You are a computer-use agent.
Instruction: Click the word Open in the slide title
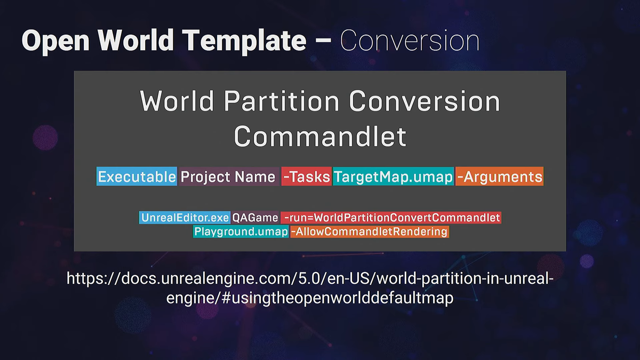[x=55, y=41]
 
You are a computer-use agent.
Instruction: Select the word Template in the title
[x=244, y=41]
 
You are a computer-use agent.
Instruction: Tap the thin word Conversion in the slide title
[x=410, y=41]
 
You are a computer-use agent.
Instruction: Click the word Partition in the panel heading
[x=282, y=101]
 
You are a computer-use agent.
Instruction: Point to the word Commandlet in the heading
[x=320, y=136]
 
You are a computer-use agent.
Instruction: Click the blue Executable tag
[x=137, y=177]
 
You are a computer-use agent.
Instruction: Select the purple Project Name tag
[x=229, y=177]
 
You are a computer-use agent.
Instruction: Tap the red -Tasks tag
[x=306, y=177]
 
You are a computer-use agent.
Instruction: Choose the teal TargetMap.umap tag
[x=393, y=177]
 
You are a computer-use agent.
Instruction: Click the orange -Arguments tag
[x=499, y=177]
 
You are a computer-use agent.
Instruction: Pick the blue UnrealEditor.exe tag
[x=185, y=218]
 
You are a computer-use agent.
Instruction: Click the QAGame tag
[x=255, y=218]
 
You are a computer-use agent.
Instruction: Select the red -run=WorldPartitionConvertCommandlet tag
[x=391, y=218]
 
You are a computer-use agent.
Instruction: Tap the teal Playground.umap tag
[x=241, y=231]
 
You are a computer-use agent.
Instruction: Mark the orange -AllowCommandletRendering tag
[x=370, y=231]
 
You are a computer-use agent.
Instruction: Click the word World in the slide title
[x=135, y=41]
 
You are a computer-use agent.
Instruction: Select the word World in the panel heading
[x=177, y=101]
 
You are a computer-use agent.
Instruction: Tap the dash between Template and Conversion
[x=323, y=42]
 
